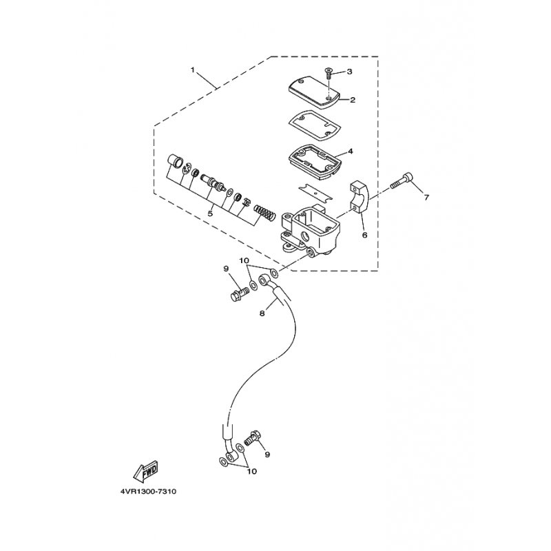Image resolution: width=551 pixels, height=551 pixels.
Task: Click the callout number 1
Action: (x=193, y=70)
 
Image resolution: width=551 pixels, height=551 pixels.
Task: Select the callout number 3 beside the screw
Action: (x=349, y=72)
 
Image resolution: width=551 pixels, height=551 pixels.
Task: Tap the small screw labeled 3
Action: (x=328, y=74)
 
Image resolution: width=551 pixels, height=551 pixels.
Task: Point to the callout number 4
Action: (x=350, y=152)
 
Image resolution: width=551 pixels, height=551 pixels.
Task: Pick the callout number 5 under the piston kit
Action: (x=210, y=214)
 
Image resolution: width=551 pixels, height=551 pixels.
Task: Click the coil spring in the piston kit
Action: (x=264, y=212)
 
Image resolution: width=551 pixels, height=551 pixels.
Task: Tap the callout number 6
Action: (x=364, y=235)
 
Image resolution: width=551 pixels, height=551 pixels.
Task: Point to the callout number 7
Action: (x=426, y=198)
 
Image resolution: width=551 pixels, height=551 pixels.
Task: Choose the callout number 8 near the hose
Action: (x=262, y=313)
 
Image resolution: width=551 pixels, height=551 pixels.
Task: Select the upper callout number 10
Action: (x=245, y=261)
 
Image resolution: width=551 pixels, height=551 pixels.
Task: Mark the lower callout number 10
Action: (x=252, y=471)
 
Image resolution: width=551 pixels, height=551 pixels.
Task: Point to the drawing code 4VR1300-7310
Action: (x=148, y=492)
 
